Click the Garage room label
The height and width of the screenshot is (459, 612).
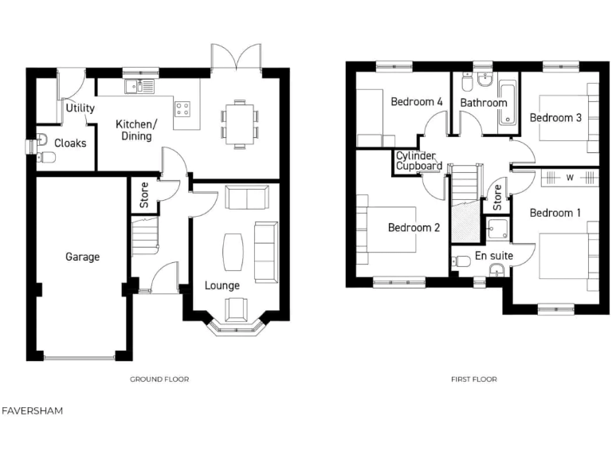[x=82, y=257]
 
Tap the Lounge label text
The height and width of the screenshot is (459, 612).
[x=222, y=284]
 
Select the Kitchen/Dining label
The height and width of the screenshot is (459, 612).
[x=137, y=131]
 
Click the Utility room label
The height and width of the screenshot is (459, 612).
[x=80, y=108]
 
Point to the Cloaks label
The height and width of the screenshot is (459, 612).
[x=70, y=143]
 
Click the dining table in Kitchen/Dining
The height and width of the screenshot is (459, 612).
[x=239, y=124]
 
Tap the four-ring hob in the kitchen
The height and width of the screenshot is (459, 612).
[x=182, y=111]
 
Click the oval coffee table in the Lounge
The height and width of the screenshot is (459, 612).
[x=233, y=250]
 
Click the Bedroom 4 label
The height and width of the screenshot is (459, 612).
[x=416, y=102]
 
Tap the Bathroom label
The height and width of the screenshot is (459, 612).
[x=483, y=103]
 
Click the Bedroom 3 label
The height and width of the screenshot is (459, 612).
[x=555, y=118]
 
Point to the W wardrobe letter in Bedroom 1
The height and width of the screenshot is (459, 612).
[x=570, y=177]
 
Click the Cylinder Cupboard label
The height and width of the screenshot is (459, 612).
[x=419, y=161]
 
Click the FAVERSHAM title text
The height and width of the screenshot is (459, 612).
[x=32, y=411]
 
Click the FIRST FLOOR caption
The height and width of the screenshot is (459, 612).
[x=473, y=379]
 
